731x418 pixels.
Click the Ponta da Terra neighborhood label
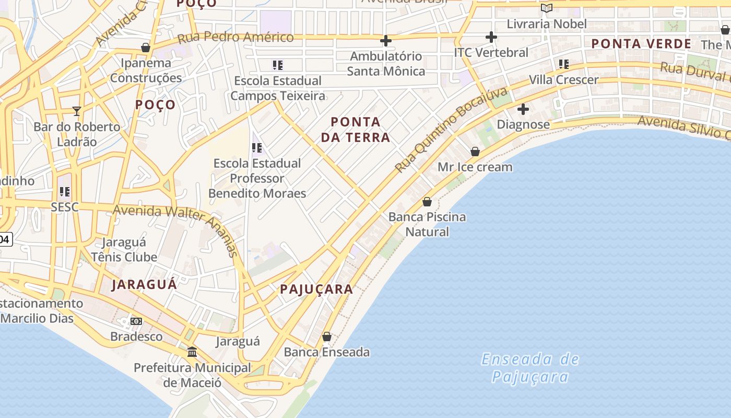tap(355, 130)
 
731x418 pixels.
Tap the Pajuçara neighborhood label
tap(316, 289)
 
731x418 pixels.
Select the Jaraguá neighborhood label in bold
tap(144, 284)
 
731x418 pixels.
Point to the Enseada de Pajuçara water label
tap(530, 368)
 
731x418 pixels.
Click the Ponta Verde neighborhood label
tap(641, 44)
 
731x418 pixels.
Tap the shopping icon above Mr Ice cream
tap(475, 152)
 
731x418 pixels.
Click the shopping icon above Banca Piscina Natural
tap(427, 202)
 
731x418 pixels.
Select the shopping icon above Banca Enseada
tap(327, 336)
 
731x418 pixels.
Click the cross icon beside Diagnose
tap(523, 109)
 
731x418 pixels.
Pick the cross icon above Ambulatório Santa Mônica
tap(386, 40)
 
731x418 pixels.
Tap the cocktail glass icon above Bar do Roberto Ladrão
tap(77, 111)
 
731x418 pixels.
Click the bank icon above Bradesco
tap(136, 321)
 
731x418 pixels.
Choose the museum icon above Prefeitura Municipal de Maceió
tap(192, 352)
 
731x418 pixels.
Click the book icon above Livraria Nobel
tap(547, 8)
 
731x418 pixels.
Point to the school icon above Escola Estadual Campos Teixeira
tap(277, 65)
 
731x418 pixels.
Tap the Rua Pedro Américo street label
tap(235, 37)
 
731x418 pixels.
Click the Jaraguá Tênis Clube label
tap(124, 249)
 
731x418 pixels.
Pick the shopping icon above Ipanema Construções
tap(146, 48)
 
